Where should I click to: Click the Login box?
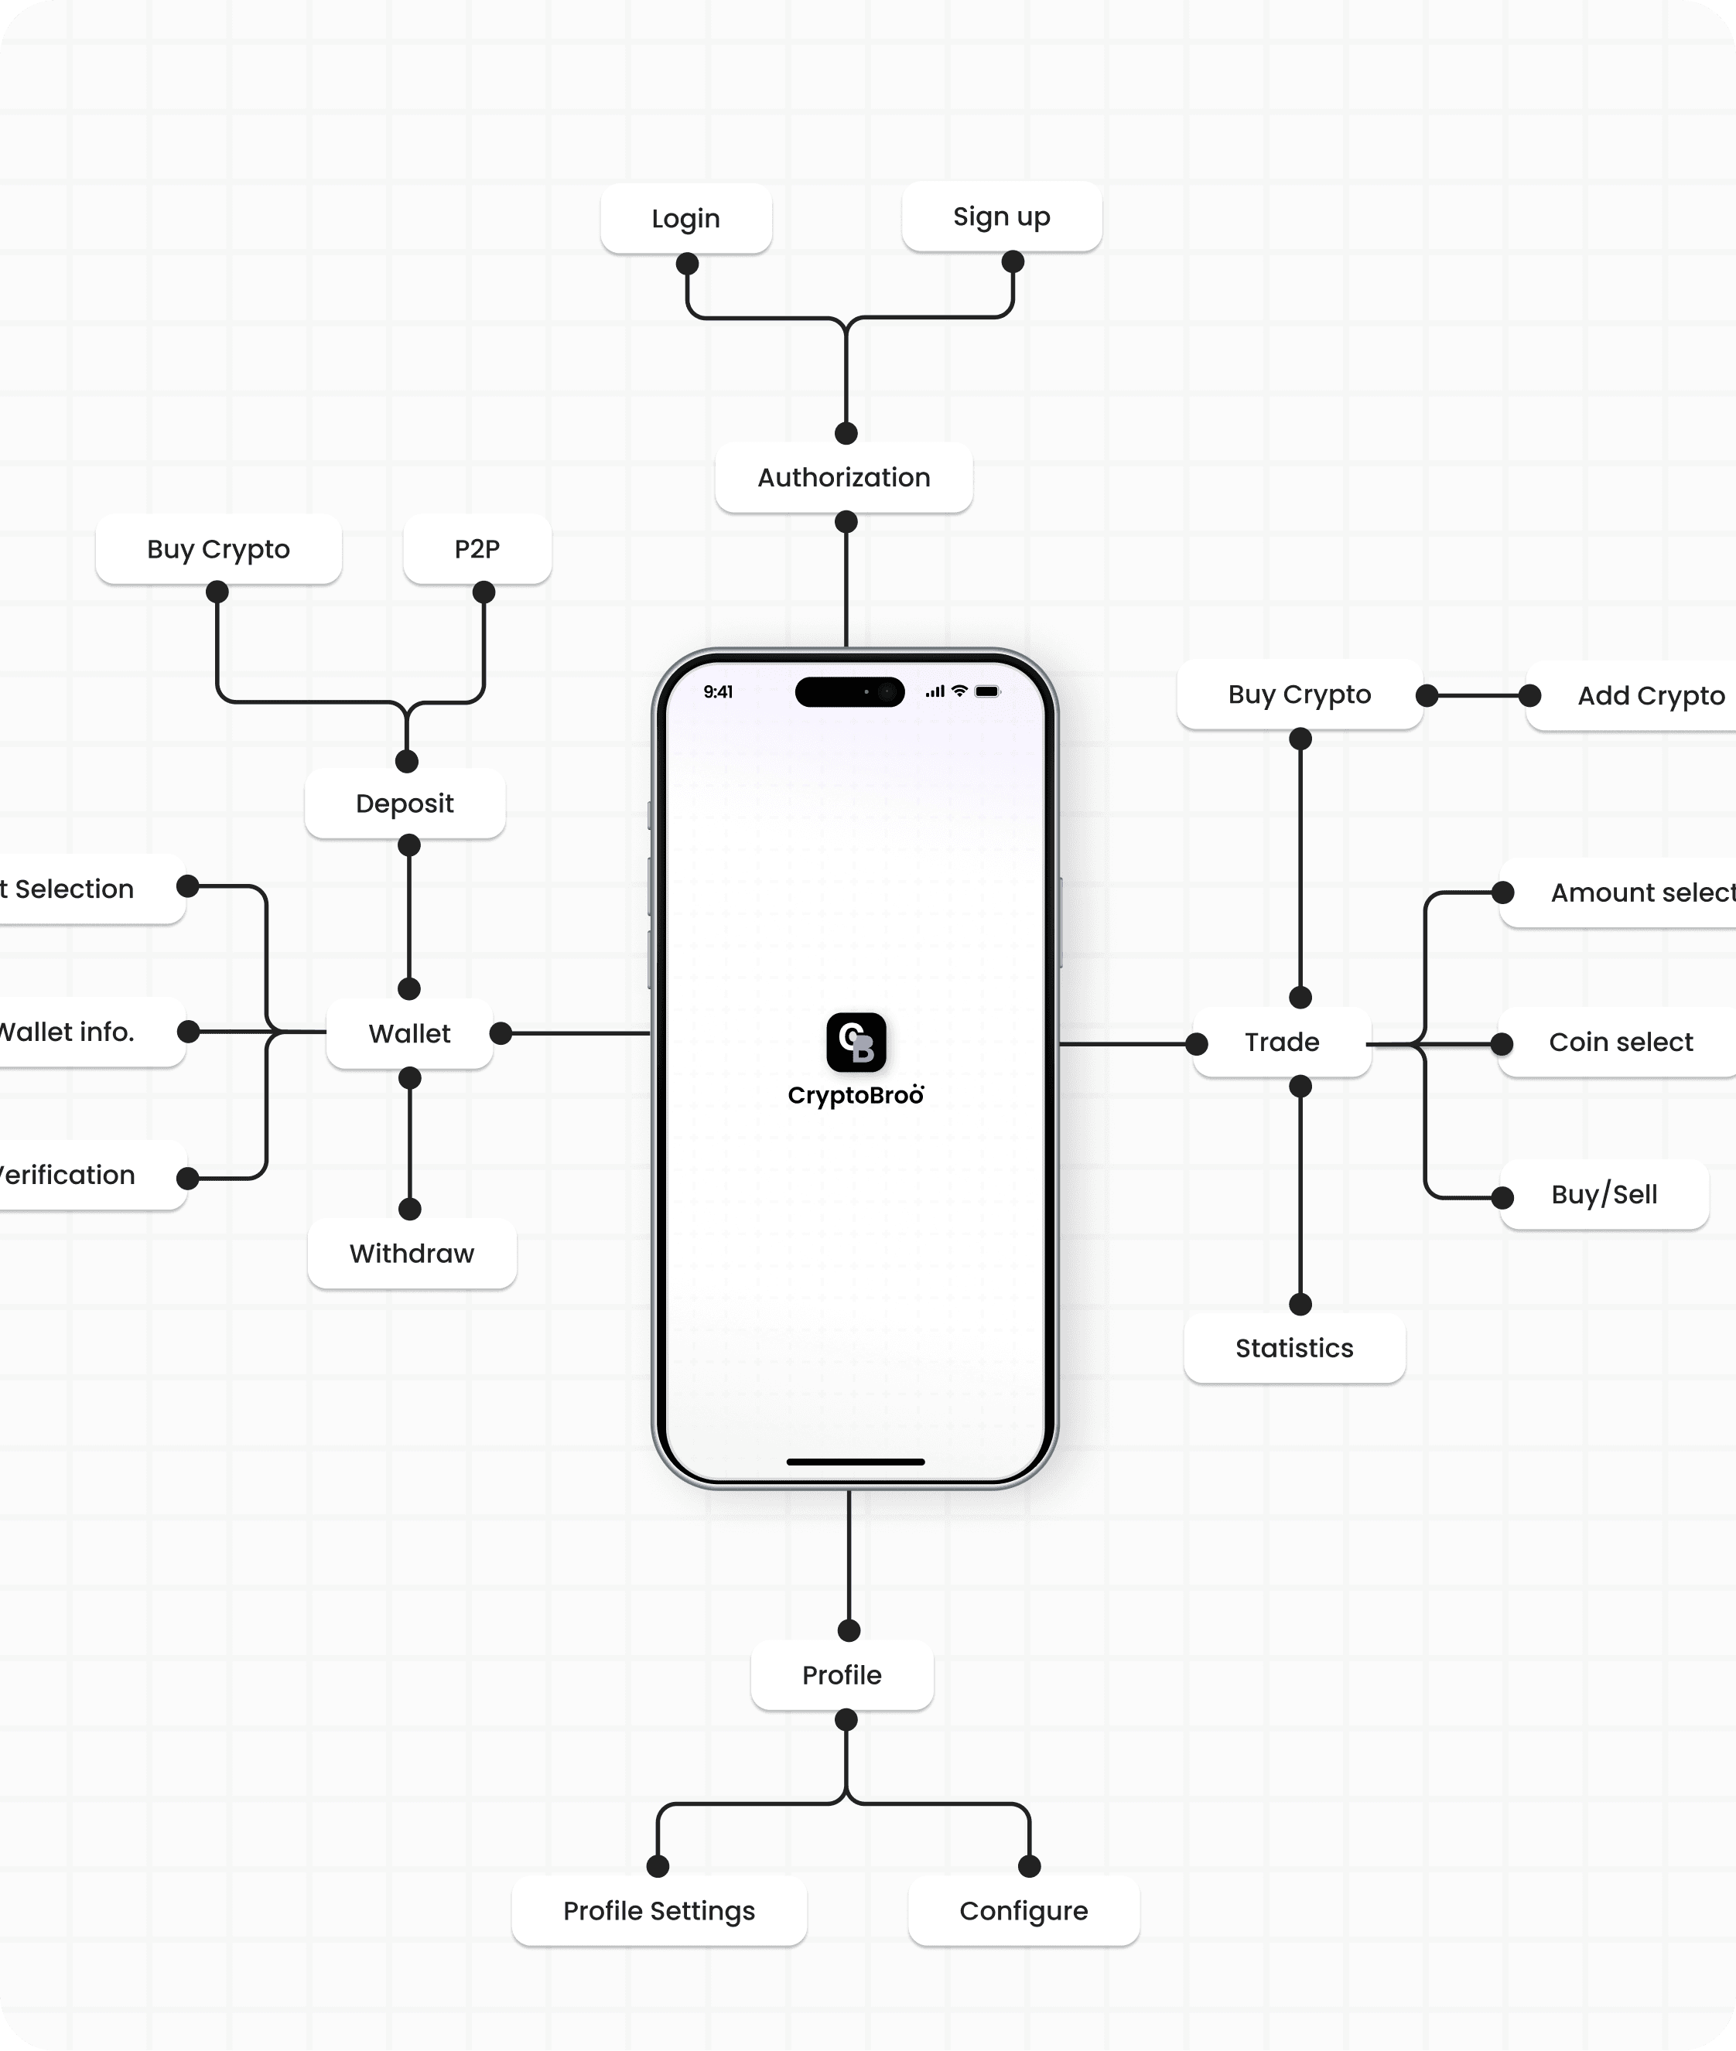click(686, 218)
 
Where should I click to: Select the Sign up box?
click(1001, 217)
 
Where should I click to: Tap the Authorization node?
click(843, 477)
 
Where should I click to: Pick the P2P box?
click(477, 549)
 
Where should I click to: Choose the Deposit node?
click(405, 804)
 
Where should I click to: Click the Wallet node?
click(409, 1033)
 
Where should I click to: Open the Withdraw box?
click(412, 1253)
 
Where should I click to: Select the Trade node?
click(1281, 1042)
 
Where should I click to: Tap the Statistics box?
click(1294, 1348)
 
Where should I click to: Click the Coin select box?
click(1620, 1042)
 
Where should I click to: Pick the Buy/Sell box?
click(1604, 1194)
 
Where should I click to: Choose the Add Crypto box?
click(1649, 695)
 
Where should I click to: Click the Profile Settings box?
click(659, 1910)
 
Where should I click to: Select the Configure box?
click(1023, 1910)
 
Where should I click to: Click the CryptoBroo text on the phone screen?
click(855, 1096)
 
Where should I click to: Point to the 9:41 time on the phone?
click(719, 691)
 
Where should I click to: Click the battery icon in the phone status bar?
click(987, 691)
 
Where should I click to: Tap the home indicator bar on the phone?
click(855, 1462)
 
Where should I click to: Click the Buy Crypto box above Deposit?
click(218, 549)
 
